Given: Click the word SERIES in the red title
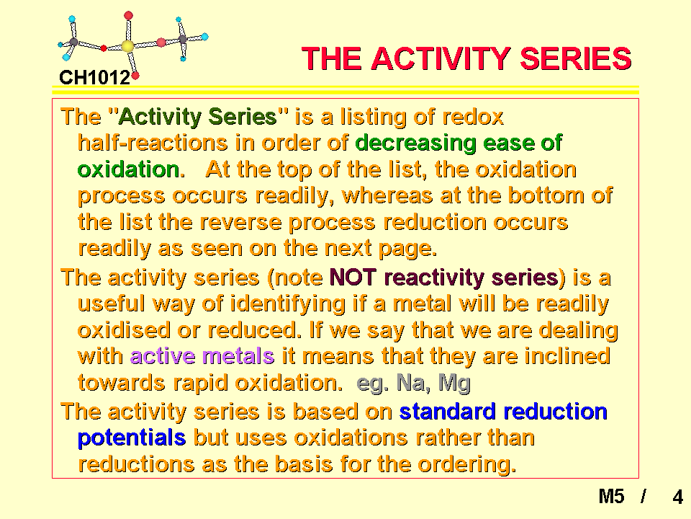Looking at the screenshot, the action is click(576, 58).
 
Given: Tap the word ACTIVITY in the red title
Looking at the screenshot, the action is click(441, 58).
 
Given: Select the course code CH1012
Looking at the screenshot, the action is click(95, 78).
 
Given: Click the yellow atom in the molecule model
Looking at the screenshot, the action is click(128, 46).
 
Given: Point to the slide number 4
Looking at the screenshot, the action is click(678, 497).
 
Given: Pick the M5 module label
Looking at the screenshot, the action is click(611, 497).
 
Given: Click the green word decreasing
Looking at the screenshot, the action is click(415, 143).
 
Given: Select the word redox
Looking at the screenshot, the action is click(472, 117).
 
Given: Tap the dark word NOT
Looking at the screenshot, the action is click(353, 278).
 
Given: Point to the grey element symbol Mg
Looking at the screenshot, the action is click(454, 383).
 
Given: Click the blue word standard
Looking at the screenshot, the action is click(447, 412).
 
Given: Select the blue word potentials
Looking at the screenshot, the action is click(132, 438).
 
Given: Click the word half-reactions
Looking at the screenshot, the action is click(153, 143).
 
